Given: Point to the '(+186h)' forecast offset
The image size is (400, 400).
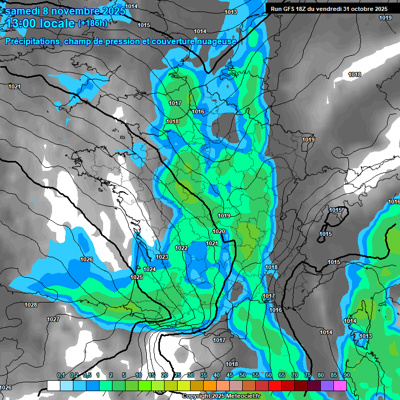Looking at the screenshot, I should click(x=93, y=23).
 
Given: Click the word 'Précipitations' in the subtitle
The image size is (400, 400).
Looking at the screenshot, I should click(x=31, y=41).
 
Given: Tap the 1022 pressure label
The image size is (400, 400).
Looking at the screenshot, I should click(x=181, y=248).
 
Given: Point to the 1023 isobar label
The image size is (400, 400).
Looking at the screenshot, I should click(x=162, y=257).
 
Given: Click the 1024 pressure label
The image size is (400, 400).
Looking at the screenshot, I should click(x=149, y=269).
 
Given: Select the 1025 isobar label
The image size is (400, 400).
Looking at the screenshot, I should click(x=136, y=278).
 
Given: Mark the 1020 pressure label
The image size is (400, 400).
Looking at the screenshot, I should click(x=219, y=232).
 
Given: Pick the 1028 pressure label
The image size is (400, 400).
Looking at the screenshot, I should click(x=31, y=305).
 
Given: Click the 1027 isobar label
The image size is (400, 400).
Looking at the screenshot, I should click(x=53, y=319).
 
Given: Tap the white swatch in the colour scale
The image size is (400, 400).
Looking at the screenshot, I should click(x=53, y=386).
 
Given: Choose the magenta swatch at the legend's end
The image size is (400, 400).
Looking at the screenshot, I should click(x=340, y=386).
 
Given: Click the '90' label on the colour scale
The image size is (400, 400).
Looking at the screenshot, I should click(x=346, y=376).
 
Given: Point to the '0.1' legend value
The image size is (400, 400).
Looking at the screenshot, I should click(x=60, y=376).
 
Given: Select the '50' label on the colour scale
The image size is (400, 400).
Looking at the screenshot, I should click(x=242, y=376).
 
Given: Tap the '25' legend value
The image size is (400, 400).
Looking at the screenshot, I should click(x=177, y=376).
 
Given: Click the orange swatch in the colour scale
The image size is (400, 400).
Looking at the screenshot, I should click(x=210, y=386).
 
